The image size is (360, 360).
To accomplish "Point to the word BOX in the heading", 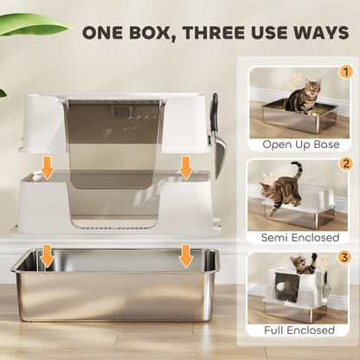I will coord(162,34).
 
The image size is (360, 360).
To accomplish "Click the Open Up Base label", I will coord(299,144).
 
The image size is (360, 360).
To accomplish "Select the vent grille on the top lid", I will coord(122,112).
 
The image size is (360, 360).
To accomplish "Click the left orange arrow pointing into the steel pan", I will coord(48,255).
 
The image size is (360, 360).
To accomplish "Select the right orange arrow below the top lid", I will coord(186,167).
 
